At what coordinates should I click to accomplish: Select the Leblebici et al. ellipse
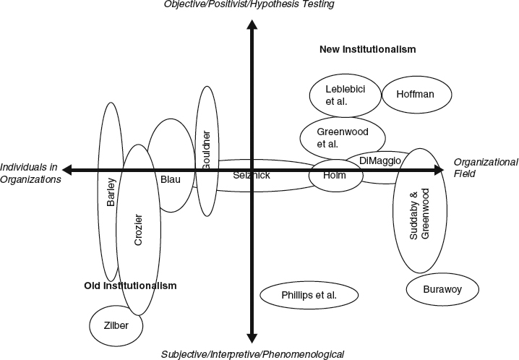coord(343,95)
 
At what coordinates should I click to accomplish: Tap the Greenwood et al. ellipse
coord(342,137)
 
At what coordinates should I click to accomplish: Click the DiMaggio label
coord(379,160)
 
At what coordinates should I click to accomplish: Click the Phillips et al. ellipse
coord(309,294)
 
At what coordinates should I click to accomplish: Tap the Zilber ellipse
coord(116,325)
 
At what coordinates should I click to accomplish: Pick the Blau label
coord(171,179)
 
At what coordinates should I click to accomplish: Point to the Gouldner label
coord(206,150)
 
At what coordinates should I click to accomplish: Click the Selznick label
coord(252,176)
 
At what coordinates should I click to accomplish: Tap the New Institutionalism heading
coord(368,49)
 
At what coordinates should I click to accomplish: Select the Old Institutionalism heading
coord(130,286)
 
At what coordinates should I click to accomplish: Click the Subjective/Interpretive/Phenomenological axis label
coord(252,353)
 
